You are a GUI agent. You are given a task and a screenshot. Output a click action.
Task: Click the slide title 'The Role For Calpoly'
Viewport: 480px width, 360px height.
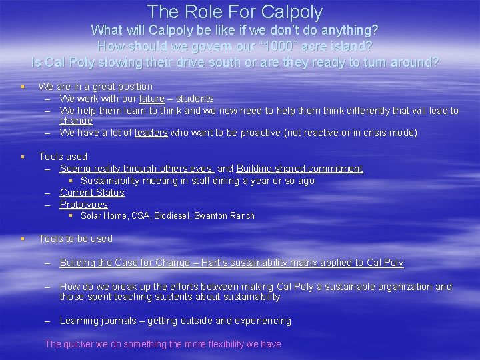pos(235,12)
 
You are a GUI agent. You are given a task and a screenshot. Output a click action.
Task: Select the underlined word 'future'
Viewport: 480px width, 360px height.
pos(152,99)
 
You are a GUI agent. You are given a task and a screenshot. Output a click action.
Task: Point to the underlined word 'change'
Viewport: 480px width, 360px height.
pos(76,121)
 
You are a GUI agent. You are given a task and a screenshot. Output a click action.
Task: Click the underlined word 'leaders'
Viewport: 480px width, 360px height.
pos(151,133)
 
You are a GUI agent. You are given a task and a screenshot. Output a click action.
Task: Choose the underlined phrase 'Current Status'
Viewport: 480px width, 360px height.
pos(92,193)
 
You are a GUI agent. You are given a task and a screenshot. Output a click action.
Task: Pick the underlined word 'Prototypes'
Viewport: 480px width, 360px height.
pos(83,205)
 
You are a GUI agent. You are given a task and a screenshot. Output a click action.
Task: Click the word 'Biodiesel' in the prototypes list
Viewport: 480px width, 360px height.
pos(171,216)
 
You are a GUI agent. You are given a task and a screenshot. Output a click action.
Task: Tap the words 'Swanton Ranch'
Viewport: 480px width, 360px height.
pos(224,216)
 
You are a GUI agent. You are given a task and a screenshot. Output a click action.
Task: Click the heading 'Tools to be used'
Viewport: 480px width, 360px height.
pos(75,239)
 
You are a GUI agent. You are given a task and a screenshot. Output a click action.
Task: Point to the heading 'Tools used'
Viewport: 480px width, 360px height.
pos(63,157)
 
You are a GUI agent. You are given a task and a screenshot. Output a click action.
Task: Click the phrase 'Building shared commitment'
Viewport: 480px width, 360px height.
pos(299,169)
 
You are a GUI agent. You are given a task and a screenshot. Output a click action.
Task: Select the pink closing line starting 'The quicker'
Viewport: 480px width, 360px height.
pos(163,344)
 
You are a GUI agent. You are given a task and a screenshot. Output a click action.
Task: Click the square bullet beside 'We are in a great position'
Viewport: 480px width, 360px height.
pos(23,87)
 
